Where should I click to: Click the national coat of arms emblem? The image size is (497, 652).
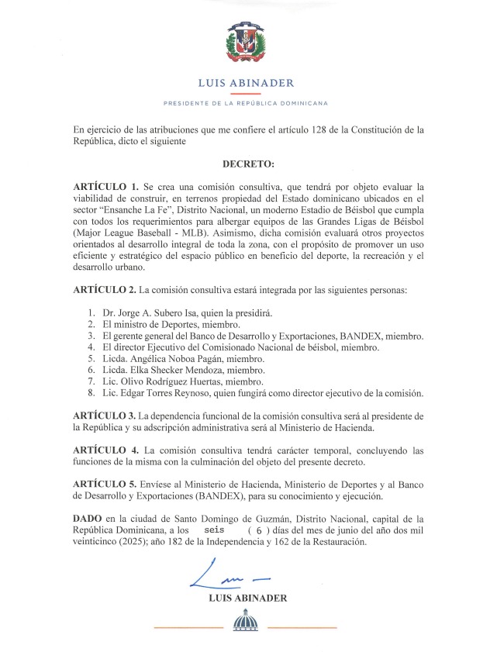247,42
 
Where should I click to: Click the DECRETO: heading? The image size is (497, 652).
248,164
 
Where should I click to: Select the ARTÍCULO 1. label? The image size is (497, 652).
105,188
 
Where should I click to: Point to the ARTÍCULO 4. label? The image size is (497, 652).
105,450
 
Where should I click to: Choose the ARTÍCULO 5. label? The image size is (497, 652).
105,485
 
